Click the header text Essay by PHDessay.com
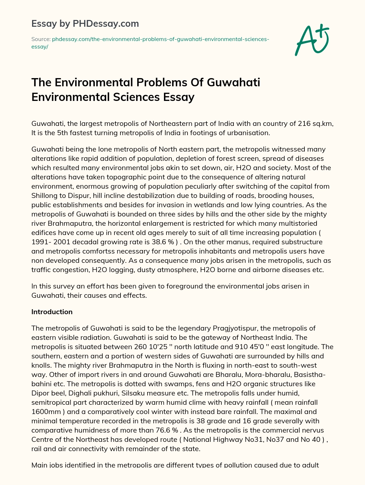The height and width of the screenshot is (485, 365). coord(85,24)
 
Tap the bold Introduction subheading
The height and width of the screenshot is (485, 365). coord(52,312)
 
